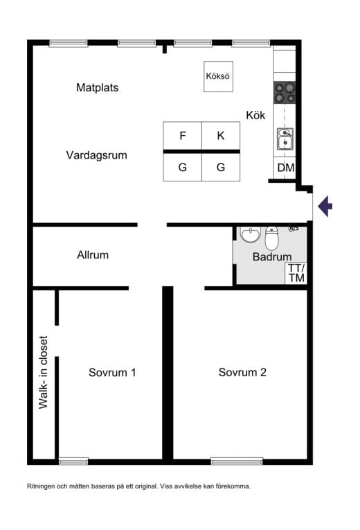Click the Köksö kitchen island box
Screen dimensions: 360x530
[218, 76]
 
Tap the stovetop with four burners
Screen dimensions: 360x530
[285, 93]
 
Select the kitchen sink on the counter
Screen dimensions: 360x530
[285, 139]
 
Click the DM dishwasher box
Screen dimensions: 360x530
[285, 168]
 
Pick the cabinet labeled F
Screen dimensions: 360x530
[182, 136]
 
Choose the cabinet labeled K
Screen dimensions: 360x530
[221, 136]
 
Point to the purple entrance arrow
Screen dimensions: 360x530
[325, 206]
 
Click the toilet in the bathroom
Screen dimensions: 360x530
[271, 238]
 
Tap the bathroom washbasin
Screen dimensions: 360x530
[250, 234]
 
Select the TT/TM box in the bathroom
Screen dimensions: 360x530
[296, 273]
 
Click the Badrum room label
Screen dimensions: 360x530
[272, 256]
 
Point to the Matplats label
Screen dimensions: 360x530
[97, 88]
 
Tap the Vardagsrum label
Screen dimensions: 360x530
[97, 155]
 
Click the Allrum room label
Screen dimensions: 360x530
[93, 255]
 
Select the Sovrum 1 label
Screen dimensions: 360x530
[112, 373]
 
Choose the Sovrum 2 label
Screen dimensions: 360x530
[242, 373]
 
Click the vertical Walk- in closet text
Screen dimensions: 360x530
[43, 372]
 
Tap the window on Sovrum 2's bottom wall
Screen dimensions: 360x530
[236, 461]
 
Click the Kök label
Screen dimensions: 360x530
[255, 115]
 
